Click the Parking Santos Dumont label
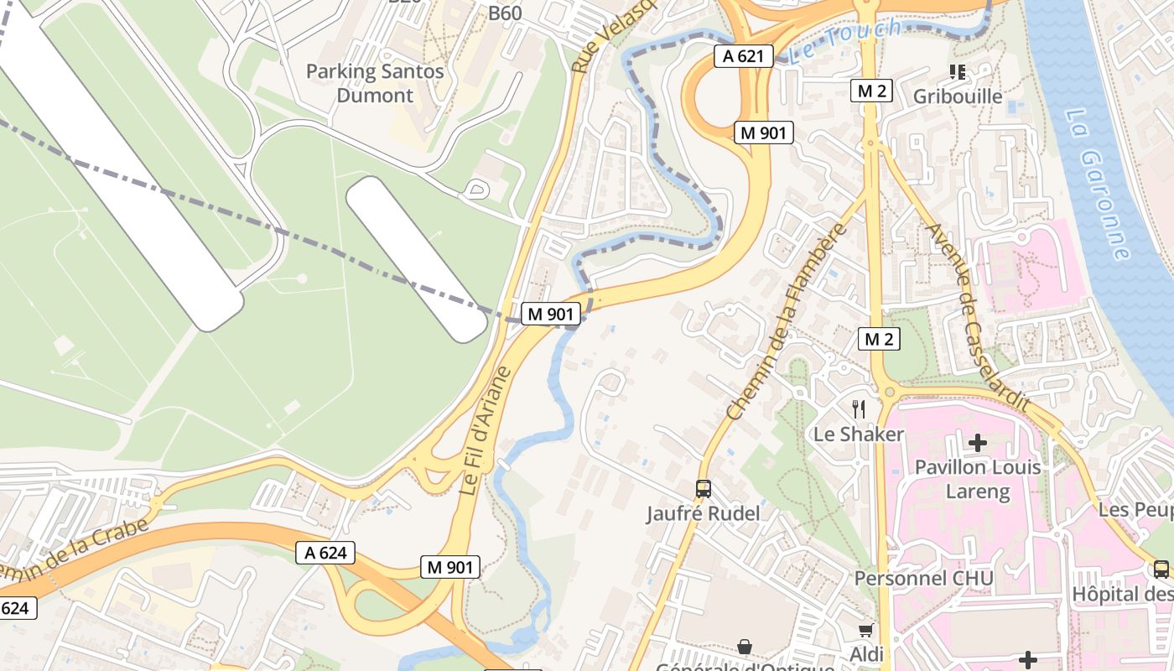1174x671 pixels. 374,83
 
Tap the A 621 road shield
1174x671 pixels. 744,56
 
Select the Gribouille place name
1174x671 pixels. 958,96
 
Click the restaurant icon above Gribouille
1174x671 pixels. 958,72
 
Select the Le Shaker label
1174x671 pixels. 859,434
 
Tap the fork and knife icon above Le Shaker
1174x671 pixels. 859,409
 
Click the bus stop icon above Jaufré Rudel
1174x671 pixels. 703,488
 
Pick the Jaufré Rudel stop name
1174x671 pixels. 703,513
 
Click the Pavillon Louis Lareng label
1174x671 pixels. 978,479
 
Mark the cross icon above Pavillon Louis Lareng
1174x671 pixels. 978,442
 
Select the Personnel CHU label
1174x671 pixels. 923,579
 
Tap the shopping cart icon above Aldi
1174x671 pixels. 866,629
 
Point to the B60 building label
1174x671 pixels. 505,13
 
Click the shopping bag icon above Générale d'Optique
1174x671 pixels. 744,646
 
